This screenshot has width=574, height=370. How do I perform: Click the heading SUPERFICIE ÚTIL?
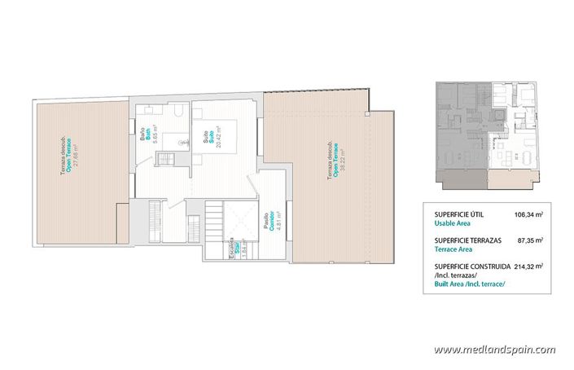pyautogui.click(x=458, y=215)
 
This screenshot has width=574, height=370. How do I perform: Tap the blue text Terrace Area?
pyautogui.click(x=454, y=249)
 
